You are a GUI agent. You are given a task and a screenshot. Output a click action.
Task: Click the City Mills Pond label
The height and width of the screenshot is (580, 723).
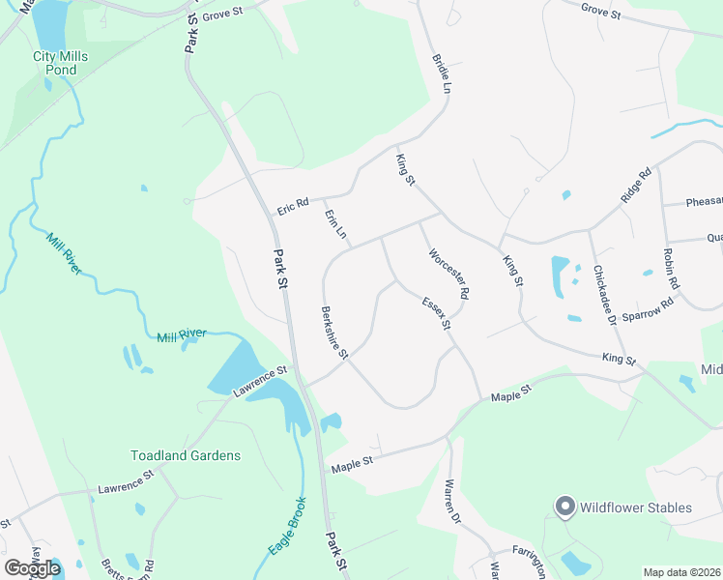(x=60, y=64)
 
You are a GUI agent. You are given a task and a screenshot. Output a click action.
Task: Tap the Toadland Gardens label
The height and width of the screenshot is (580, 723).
(x=186, y=455)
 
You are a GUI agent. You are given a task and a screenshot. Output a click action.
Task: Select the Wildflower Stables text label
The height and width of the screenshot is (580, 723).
(x=636, y=507)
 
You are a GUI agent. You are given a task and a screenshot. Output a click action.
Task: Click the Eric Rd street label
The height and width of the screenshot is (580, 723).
(x=292, y=205)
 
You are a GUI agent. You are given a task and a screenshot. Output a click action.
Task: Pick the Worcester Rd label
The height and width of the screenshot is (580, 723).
(x=449, y=273)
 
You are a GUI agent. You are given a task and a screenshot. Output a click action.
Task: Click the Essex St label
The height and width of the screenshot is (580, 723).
(x=437, y=313)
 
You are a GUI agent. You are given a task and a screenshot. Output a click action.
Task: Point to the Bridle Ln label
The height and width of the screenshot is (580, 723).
(x=442, y=73)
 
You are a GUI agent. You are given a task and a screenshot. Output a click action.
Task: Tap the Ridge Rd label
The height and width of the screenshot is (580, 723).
(x=637, y=186)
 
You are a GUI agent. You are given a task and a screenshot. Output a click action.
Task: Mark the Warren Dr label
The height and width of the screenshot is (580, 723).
(x=452, y=502)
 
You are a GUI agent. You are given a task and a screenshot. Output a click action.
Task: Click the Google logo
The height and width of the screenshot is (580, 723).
(x=32, y=568)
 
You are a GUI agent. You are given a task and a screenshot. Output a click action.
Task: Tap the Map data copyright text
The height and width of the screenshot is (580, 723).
(x=682, y=572)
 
